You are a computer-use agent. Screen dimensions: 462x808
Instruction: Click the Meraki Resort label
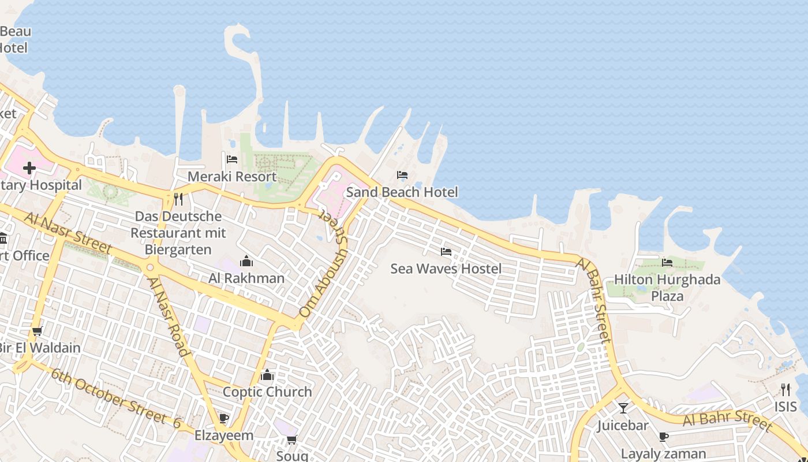click(x=232, y=176)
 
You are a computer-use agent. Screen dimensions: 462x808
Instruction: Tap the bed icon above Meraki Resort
click(x=232, y=159)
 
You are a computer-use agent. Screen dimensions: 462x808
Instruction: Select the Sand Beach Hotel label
click(x=402, y=192)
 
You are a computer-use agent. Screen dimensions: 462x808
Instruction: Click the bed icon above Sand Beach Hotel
click(x=402, y=174)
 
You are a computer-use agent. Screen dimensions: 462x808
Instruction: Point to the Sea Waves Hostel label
click(x=446, y=269)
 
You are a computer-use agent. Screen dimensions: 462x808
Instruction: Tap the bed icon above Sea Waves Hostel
click(x=446, y=251)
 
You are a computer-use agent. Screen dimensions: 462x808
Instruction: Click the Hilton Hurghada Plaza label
click(x=667, y=288)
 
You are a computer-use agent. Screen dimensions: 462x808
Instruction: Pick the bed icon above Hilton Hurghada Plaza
click(x=667, y=262)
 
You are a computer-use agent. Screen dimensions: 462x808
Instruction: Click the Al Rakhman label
click(x=246, y=278)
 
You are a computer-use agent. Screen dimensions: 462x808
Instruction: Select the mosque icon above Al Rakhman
click(x=246, y=261)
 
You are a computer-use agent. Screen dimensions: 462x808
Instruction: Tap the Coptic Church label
click(x=267, y=392)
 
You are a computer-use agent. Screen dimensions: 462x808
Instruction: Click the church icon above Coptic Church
click(x=267, y=375)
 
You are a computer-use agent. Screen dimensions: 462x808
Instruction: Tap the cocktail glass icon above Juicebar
click(x=623, y=408)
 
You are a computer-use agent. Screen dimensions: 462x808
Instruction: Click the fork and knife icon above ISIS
click(x=785, y=389)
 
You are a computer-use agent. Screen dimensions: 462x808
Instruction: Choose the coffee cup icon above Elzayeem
click(x=224, y=418)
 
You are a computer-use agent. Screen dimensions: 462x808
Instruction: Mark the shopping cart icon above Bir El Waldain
click(x=38, y=331)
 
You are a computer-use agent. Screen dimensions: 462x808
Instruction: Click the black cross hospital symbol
click(x=29, y=168)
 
